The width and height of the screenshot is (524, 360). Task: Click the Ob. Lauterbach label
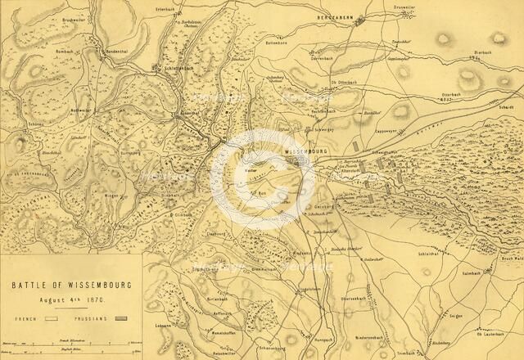[x=490, y=335]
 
